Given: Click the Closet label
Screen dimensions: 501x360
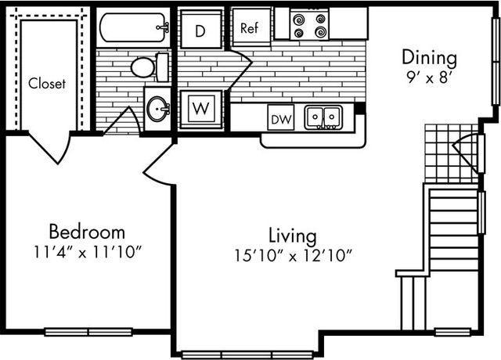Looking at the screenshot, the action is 47,84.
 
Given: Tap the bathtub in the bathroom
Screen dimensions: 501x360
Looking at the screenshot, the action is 133,27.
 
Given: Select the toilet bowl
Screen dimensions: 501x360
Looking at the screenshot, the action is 142,67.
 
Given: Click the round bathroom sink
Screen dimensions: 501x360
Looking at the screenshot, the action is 157,109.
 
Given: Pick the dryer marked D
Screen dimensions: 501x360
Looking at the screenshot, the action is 200,30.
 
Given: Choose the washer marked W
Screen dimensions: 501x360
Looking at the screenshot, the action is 201,110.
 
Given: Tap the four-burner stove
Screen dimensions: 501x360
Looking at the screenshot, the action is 309,25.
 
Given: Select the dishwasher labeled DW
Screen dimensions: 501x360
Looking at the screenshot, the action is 281,117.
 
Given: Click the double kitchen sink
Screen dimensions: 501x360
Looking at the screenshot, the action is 323,117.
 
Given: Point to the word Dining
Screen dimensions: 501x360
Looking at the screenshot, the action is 429,59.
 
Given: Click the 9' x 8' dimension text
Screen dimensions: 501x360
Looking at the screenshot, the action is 428,77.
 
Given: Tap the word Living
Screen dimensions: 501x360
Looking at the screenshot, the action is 293,236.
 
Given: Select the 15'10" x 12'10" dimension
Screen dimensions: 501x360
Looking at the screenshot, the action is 294,256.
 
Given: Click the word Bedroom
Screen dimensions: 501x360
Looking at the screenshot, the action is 87,232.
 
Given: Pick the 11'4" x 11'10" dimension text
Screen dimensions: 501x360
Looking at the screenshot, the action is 88,252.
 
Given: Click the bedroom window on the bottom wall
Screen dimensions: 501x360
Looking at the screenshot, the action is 88,332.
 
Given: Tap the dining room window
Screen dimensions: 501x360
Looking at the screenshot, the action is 496,61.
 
